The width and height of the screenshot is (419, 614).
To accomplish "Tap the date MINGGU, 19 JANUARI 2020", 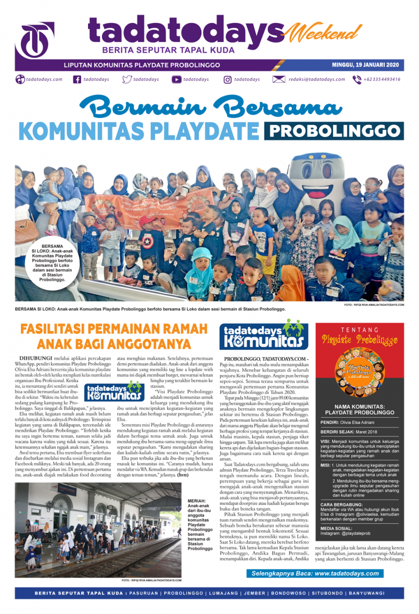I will click(363, 65).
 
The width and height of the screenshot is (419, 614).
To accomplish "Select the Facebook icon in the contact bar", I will click(77, 79).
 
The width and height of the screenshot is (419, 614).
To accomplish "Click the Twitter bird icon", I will click(127, 79).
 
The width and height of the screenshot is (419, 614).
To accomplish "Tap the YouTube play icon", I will click(176, 79).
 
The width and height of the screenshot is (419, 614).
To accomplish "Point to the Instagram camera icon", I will click(228, 79).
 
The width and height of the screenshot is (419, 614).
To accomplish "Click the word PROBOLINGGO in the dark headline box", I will click(334, 131).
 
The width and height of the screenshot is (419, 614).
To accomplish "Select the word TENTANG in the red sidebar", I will click(360, 330).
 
